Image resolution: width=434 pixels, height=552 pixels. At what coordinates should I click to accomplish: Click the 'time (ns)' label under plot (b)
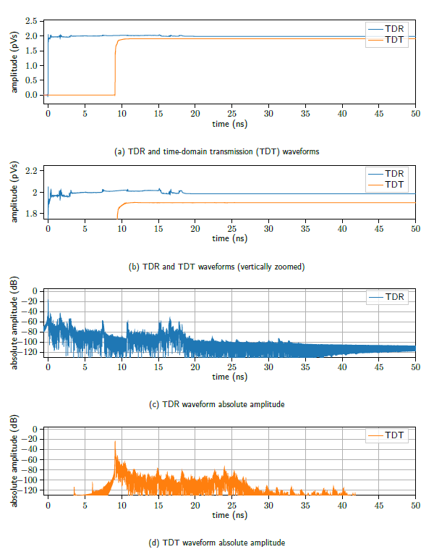click(x=231, y=238)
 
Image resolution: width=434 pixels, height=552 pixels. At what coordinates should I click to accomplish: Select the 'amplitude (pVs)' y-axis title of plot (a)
click(x=14, y=58)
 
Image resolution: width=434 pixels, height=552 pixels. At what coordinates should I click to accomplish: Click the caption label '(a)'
click(x=120, y=152)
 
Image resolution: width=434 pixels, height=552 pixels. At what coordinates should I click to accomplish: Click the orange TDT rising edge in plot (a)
click(x=116, y=65)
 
